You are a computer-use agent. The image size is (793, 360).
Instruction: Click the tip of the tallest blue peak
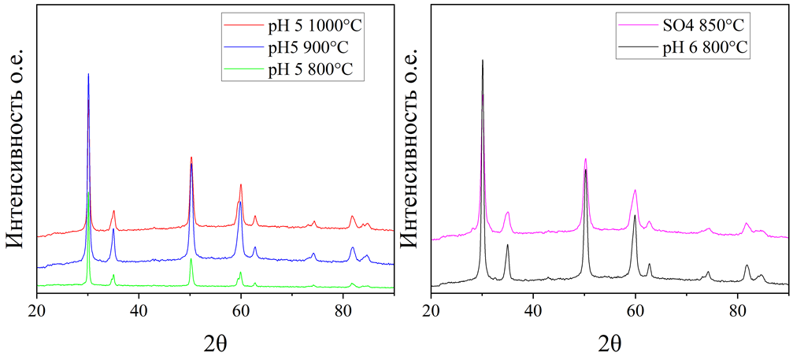pos(88,74)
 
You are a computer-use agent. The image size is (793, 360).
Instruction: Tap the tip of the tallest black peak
pos(482,60)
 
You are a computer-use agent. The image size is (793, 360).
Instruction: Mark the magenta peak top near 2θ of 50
pos(585,158)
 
